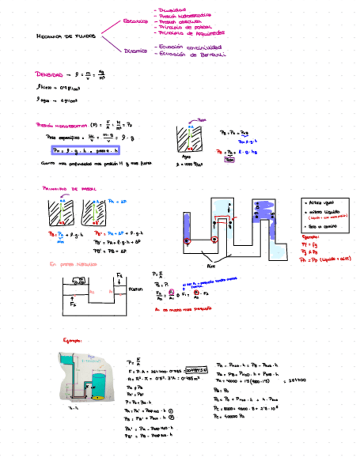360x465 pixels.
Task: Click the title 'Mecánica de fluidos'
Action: [x=65, y=36]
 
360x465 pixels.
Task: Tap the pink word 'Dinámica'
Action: [x=136, y=51]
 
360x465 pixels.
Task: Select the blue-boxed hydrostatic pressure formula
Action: [x=85, y=150]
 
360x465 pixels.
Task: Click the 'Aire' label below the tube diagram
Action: [x=211, y=264]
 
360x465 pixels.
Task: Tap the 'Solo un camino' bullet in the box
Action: [x=322, y=225]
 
